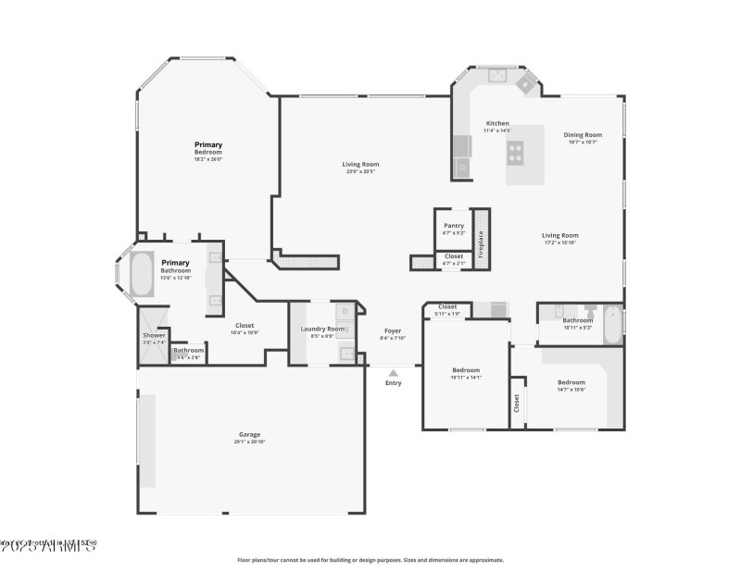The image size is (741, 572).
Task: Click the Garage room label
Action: pos(249,434)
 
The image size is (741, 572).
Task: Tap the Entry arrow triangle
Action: pos(394,373)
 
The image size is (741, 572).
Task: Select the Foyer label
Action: pos(394,330)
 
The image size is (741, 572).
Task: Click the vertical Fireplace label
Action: pos(481,239)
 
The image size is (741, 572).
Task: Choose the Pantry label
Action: pos(454,225)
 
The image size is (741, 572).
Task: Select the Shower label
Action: pos(154,335)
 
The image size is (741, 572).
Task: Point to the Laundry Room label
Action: pos(322,329)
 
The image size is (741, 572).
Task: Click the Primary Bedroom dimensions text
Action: pos(208,158)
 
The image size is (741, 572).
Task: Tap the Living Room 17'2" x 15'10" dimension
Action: pos(560,242)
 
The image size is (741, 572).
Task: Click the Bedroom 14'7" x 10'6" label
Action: pos(571,382)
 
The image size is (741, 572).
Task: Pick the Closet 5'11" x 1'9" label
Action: pos(447,307)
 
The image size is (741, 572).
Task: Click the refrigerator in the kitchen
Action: pos(462,167)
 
